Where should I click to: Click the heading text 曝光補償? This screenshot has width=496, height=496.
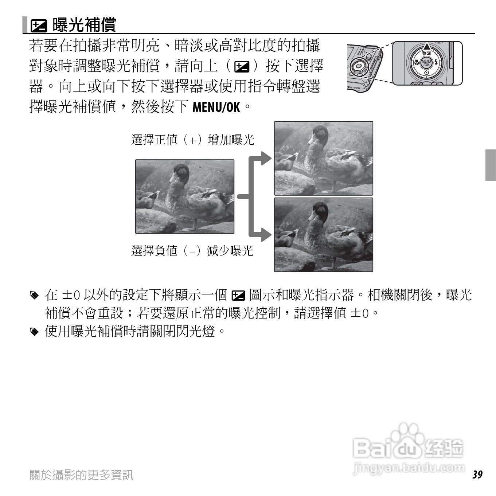(85, 25)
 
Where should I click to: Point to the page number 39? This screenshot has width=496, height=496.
(477, 474)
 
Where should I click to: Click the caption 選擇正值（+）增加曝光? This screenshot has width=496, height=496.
(192, 140)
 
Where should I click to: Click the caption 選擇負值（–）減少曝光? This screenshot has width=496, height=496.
(192, 251)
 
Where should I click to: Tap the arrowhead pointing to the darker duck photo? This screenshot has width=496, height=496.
(266, 235)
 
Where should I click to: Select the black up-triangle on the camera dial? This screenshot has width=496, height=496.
(426, 47)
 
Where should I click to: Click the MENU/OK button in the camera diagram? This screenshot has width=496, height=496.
(426, 63)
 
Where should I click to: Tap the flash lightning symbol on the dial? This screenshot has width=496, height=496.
(436, 63)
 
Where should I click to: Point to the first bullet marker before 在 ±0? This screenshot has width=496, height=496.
(34, 295)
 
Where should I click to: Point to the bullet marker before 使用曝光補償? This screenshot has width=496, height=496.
(34, 332)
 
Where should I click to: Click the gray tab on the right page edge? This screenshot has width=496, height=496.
(491, 165)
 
